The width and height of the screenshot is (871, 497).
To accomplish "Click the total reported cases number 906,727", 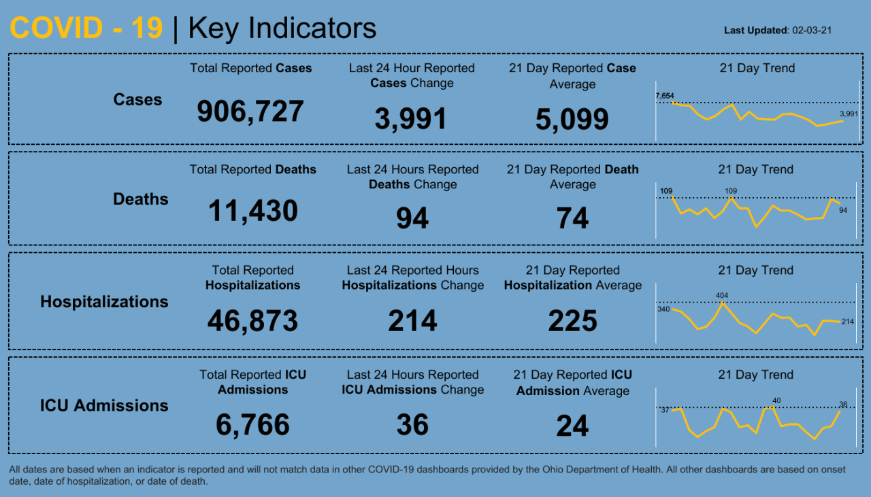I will coord(250,112).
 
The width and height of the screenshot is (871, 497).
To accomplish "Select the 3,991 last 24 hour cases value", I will coord(410,119).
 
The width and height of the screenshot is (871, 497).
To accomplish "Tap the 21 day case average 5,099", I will coord(572,120).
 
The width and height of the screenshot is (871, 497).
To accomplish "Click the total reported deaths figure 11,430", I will coord(252,211).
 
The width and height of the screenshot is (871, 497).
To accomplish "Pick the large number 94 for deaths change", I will coord(412,219).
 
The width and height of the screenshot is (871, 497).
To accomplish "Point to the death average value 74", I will coord(572,219).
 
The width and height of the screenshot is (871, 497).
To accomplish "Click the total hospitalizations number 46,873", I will coord(252,320).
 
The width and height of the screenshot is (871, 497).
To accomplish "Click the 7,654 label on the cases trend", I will coord(664,96).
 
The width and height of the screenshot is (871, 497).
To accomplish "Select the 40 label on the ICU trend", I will coord(776,400).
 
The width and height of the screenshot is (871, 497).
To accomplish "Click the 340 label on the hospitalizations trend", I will coord(663,309).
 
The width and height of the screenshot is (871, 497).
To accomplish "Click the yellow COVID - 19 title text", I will coord(86,29).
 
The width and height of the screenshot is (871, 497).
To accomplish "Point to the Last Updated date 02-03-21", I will coord(812,31).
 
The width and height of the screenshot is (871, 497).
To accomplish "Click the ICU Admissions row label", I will coord(103,406).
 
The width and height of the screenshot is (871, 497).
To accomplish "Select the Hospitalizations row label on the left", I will coord(104,302).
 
